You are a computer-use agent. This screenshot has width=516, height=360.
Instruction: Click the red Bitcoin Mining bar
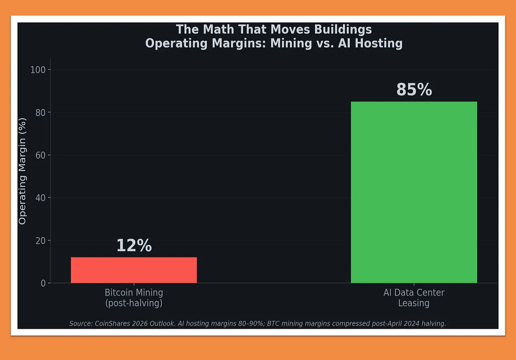click(134, 270)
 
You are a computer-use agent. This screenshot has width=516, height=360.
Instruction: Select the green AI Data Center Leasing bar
click(414, 192)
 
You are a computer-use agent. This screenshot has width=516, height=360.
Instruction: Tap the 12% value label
click(134, 246)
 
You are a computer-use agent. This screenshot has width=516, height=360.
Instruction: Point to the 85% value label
click(414, 90)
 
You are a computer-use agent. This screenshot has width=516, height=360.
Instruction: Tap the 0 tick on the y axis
click(43, 283)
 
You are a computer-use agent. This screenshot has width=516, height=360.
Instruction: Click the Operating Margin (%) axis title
click(23, 171)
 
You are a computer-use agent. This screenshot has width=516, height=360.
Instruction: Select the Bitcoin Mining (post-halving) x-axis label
click(134, 298)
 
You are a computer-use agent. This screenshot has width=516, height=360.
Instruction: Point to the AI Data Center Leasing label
click(414, 298)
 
